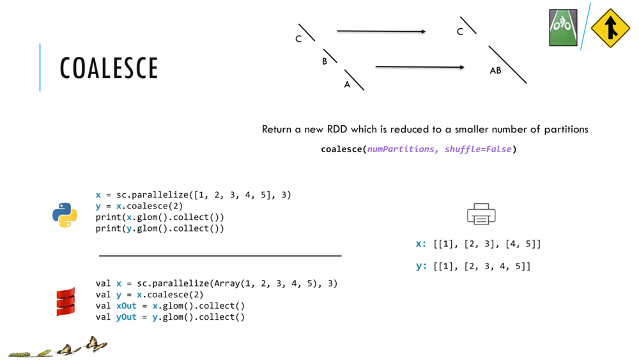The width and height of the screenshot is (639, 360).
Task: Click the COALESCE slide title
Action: pos(109,68)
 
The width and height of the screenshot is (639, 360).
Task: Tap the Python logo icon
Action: pos(65,215)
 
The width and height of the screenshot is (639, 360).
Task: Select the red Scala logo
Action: pos(66,302)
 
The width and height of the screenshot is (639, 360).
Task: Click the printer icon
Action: pos(481,214)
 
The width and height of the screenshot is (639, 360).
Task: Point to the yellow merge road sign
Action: pos(611,28)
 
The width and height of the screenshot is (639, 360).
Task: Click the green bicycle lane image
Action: pos(563,27)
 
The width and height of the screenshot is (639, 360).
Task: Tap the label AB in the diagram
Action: pos(495,71)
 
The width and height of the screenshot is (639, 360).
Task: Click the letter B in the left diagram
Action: pos(325,61)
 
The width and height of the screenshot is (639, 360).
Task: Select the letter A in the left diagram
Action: pos(347,84)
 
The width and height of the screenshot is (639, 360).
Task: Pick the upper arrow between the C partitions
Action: pos(381,31)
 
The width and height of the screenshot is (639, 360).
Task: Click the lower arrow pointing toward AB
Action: pos(420,67)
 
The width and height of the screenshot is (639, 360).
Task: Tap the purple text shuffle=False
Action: pos(478,150)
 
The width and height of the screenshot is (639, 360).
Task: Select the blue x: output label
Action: pos(421,244)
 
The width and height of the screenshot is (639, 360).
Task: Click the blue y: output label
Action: pos(421,266)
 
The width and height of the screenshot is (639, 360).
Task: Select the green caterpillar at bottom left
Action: pos(19,353)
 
